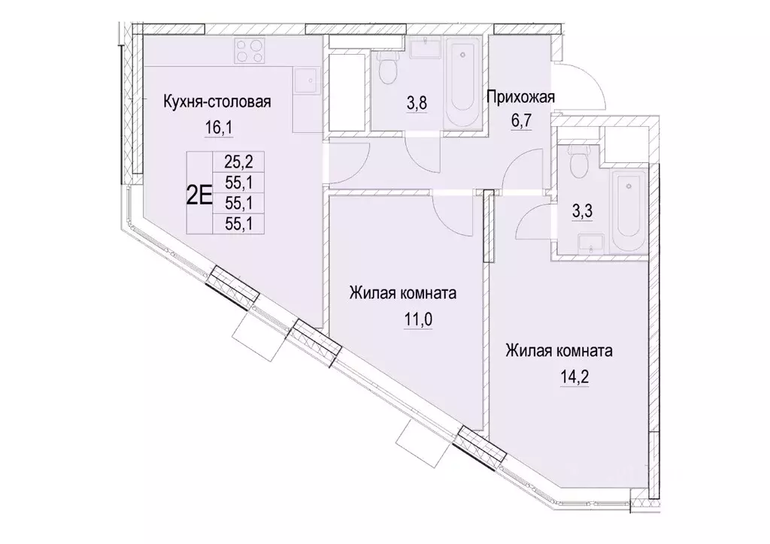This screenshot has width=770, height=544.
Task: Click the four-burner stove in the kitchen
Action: click(250, 51)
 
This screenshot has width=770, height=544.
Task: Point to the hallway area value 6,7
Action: click(520, 120)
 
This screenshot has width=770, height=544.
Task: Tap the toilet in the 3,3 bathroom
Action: click(577, 159)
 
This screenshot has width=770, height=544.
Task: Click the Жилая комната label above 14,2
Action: click(559, 351)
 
